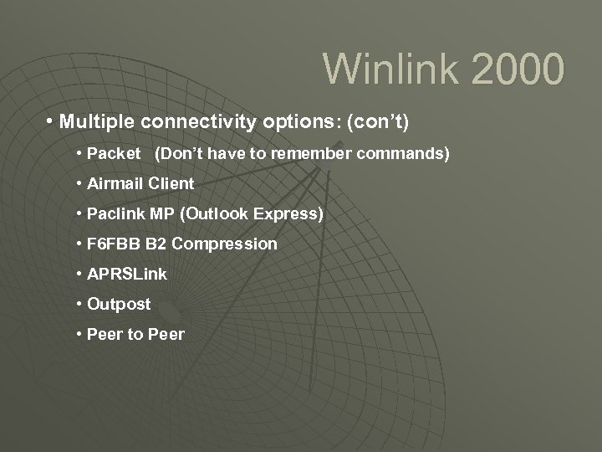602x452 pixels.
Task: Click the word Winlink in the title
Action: (x=383, y=69)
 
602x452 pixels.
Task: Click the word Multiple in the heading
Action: (x=98, y=123)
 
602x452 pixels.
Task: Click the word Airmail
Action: (x=115, y=183)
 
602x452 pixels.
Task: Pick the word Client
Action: (x=171, y=183)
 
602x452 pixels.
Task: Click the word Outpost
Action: (x=119, y=304)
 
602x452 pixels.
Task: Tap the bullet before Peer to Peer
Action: (x=78, y=334)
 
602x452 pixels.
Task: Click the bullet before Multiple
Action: (x=51, y=123)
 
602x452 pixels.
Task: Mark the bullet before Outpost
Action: (x=78, y=304)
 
